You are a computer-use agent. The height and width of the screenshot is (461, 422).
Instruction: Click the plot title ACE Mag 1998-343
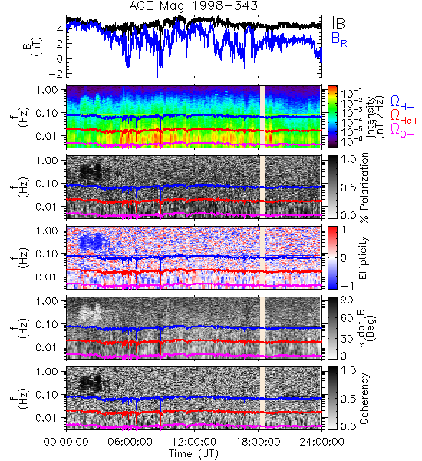click(193, 5)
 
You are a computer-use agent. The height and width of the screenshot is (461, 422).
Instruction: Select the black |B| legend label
click(341, 23)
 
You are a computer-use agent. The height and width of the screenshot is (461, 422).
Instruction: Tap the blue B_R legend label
click(339, 39)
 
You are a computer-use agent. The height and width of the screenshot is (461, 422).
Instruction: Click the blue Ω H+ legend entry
click(402, 103)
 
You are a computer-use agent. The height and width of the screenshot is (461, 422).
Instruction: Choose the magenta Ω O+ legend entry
click(402, 131)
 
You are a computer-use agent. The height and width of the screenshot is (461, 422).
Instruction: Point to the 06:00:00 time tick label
click(130, 442)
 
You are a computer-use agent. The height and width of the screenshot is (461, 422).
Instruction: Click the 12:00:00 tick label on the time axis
click(194, 442)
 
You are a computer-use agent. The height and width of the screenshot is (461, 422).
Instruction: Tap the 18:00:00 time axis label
click(258, 442)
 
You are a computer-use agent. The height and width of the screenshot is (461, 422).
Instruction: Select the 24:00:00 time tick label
click(321, 442)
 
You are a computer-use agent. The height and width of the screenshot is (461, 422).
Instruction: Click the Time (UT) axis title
click(194, 453)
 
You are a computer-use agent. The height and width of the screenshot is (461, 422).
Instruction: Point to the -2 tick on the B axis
click(56, 73)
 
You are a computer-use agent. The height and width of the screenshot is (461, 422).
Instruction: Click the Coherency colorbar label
click(364, 399)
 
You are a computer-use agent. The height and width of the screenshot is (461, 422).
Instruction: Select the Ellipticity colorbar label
click(364, 258)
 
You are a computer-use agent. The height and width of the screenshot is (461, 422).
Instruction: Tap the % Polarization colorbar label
click(364, 187)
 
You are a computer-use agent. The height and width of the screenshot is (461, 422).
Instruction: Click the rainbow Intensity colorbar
click(332, 117)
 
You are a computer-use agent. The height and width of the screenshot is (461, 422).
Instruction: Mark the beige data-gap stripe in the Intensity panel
click(262, 115)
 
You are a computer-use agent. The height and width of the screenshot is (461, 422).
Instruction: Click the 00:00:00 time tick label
click(66, 442)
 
